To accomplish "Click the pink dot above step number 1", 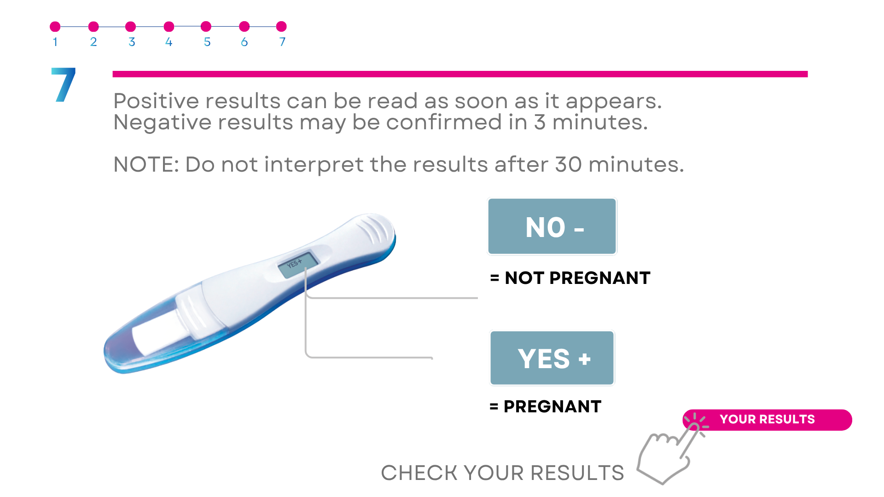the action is [x=55, y=27].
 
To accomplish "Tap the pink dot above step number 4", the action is [x=169, y=27].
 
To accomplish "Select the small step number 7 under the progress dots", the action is [x=282, y=42].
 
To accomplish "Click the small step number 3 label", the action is [x=132, y=42].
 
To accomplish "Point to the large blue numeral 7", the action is [x=64, y=85].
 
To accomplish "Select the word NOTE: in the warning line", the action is [x=146, y=164].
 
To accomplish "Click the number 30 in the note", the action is [x=569, y=164].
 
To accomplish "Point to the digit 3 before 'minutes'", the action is [x=540, y=122].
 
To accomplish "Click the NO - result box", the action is [x=552, y=226].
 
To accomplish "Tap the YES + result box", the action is [x=552, y=358].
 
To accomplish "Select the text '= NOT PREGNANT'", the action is [x=570, y=278].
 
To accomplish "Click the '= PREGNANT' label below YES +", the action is [x=546, y=406].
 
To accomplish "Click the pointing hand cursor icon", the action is [x=670, y=453].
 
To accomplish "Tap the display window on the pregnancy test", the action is [x=297, y=264].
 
